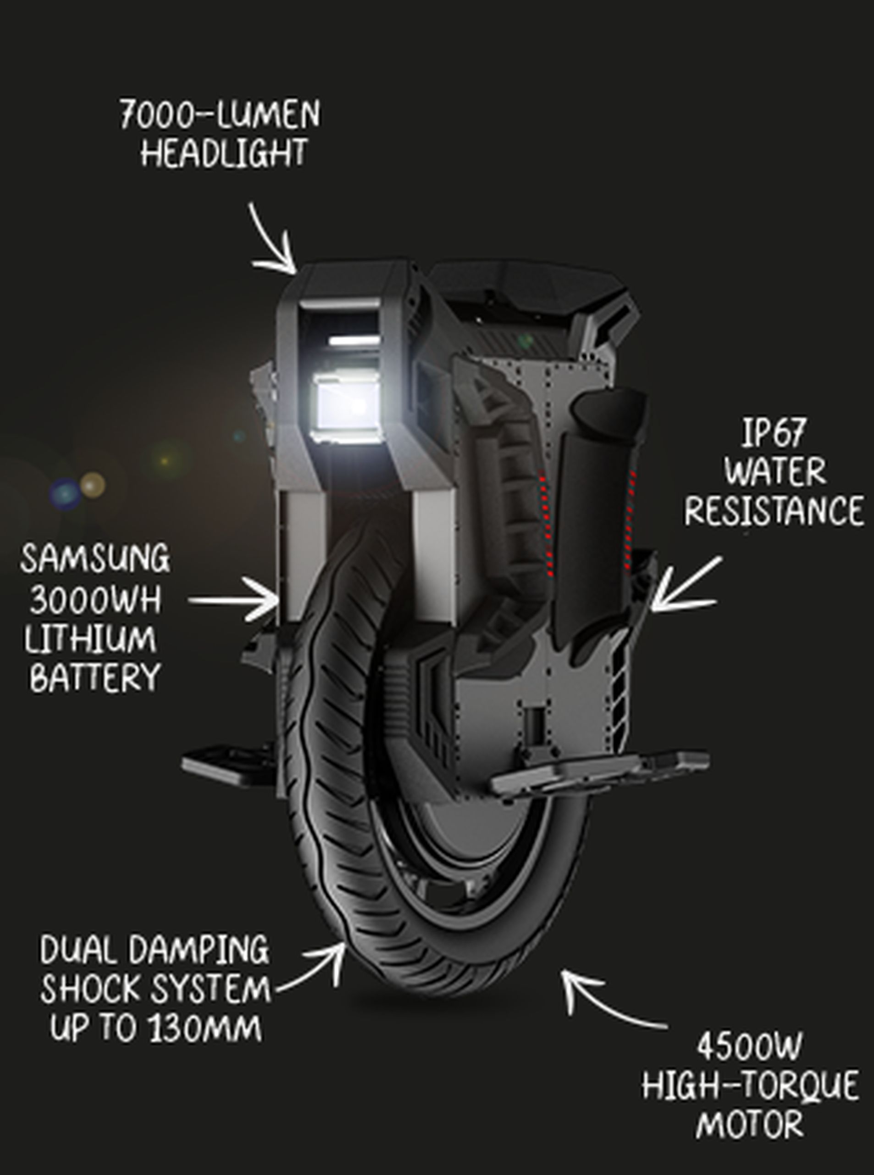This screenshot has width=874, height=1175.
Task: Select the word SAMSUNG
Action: click(x=96, y=558)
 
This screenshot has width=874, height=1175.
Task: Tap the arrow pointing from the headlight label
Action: click(x=274, y=242)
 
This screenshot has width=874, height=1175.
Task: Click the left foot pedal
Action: click(x=227, y=762)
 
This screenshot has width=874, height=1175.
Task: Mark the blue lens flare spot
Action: click(x=65, y=493)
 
